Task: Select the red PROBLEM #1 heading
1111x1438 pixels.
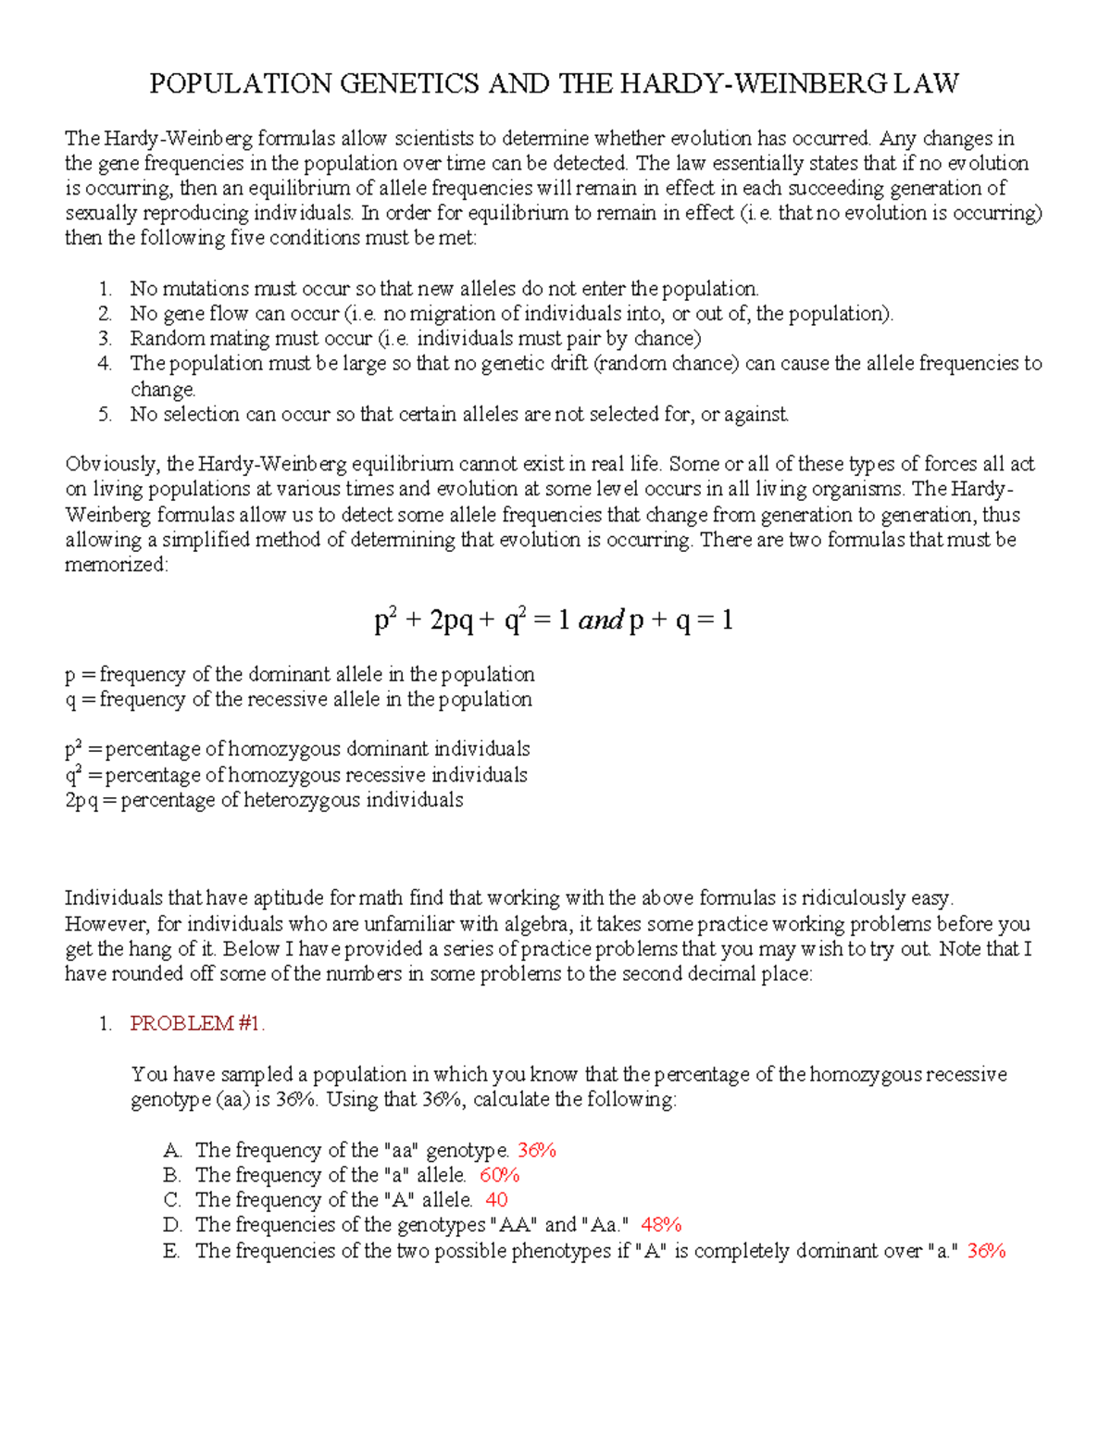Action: [197, 1023]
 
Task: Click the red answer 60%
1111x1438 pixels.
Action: [499, 1175]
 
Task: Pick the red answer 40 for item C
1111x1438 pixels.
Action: [496, 1200]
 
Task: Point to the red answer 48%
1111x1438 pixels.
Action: [661, 1225]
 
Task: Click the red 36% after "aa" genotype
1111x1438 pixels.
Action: [536, 1150]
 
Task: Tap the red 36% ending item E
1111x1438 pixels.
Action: [986, 1251]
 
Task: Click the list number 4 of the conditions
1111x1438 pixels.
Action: [105, 363]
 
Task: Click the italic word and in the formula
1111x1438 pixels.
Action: [600, 620]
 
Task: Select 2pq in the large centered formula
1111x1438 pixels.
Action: [452, 620]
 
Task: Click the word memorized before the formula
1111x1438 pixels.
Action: [116, 565]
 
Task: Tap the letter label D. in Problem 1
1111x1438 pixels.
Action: [172, 1225]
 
